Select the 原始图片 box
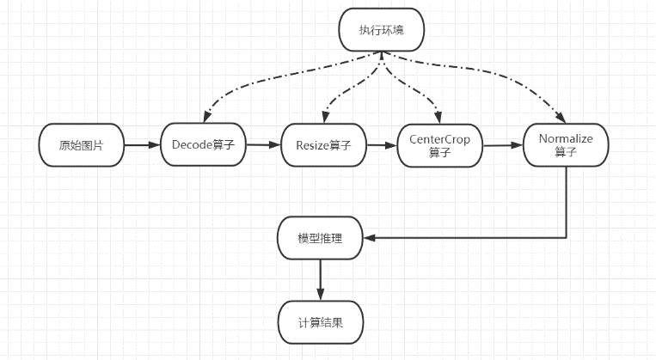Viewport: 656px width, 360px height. pyautogui.click(x=82, y=146)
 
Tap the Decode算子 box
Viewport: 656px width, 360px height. pyautogui.click(x=204, y=146)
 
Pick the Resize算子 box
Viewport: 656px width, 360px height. pyautogui.click(x=322, y=146)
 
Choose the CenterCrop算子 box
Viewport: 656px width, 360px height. pyautogui.click(x=439, y=146)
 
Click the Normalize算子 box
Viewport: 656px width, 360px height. pyautogui.click(x=566, y=145)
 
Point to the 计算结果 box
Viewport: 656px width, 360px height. pyautogui.click(x=320, y=321)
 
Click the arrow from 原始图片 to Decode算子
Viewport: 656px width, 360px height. pyautogui.click(x=142, y=146)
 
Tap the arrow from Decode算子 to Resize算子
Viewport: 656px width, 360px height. pyautogui.click(x=264, y=146)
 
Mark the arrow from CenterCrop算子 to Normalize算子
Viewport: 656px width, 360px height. pyautogui.click(x=503, y=146)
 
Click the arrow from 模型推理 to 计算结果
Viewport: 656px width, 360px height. pyautogui.click(x=320, y=279)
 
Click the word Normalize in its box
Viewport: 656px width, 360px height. pyautogui.click(x=566, y=138)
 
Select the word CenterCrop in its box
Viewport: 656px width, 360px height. pyautogui.click(x=439, y=139)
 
